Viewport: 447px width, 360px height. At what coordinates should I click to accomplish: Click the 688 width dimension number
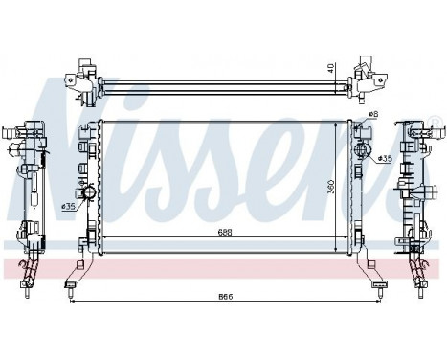[222, 232]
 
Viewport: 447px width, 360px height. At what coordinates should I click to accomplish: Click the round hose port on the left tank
[91, 196]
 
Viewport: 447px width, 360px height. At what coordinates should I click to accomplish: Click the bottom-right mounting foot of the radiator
[378, 282]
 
